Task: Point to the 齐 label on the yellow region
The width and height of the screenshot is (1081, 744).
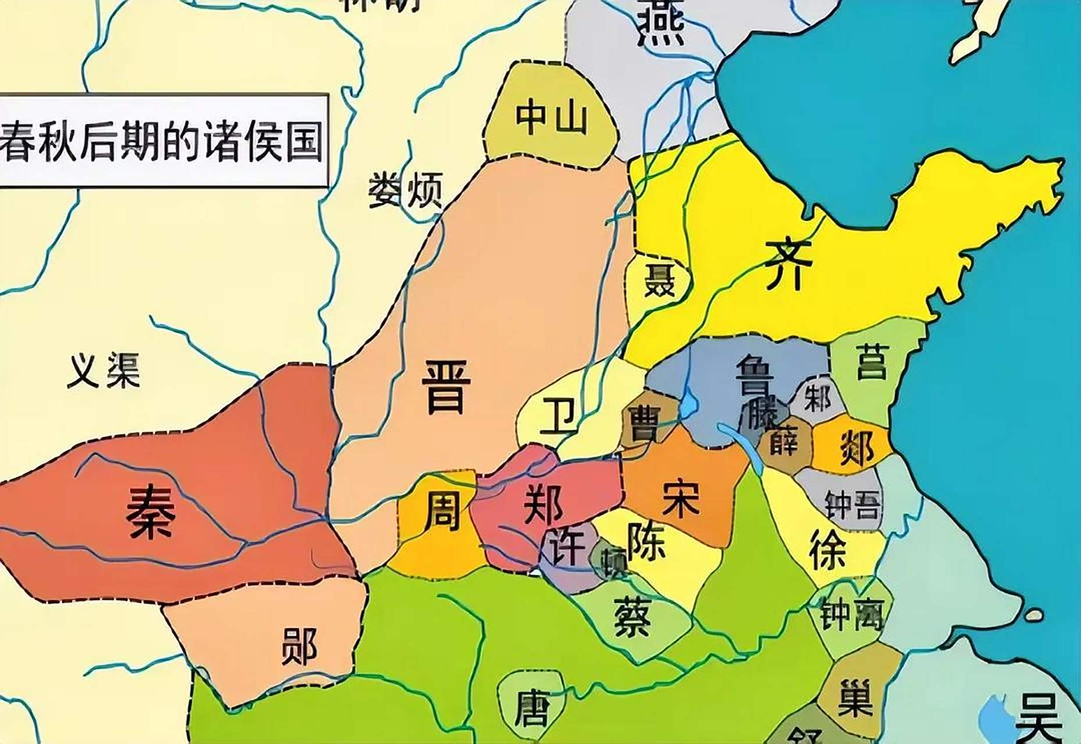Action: coord(788,265)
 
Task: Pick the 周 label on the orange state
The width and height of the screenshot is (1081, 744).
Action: coord(442,510)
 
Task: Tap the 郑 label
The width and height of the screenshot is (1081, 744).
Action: coord(543,503)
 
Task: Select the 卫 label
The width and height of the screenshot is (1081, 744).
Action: coord(557,417)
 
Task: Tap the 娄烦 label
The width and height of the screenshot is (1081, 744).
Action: coord(406,189)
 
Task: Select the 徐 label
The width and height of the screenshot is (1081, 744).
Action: coord(827,550)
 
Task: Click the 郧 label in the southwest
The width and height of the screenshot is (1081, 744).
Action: coord(299,646)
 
